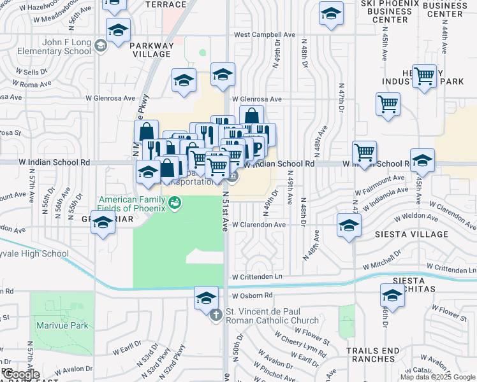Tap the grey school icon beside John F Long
pos(100,45)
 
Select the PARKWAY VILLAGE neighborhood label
pos(151,50)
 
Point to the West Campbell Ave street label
pos(265,34)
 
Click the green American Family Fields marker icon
pos(175,203)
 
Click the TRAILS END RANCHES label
pos(372,355)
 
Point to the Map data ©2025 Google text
pos(437,377)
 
